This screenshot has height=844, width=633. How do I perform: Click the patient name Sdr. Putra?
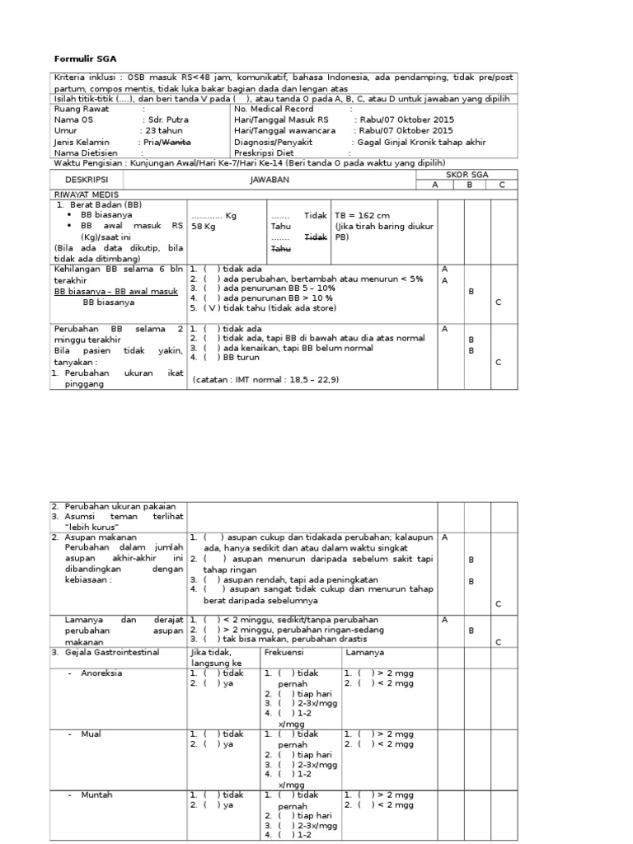pos(167,120)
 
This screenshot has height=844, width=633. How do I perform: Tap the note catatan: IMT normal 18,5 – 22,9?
pos(265,380)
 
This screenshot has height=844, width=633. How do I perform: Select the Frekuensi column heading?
pos(284,652)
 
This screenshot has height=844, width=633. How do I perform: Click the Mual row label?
pos(91,734)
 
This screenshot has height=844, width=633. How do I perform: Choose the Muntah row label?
pos(96,795)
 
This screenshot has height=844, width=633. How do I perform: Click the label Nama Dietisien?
pos(85,152)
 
